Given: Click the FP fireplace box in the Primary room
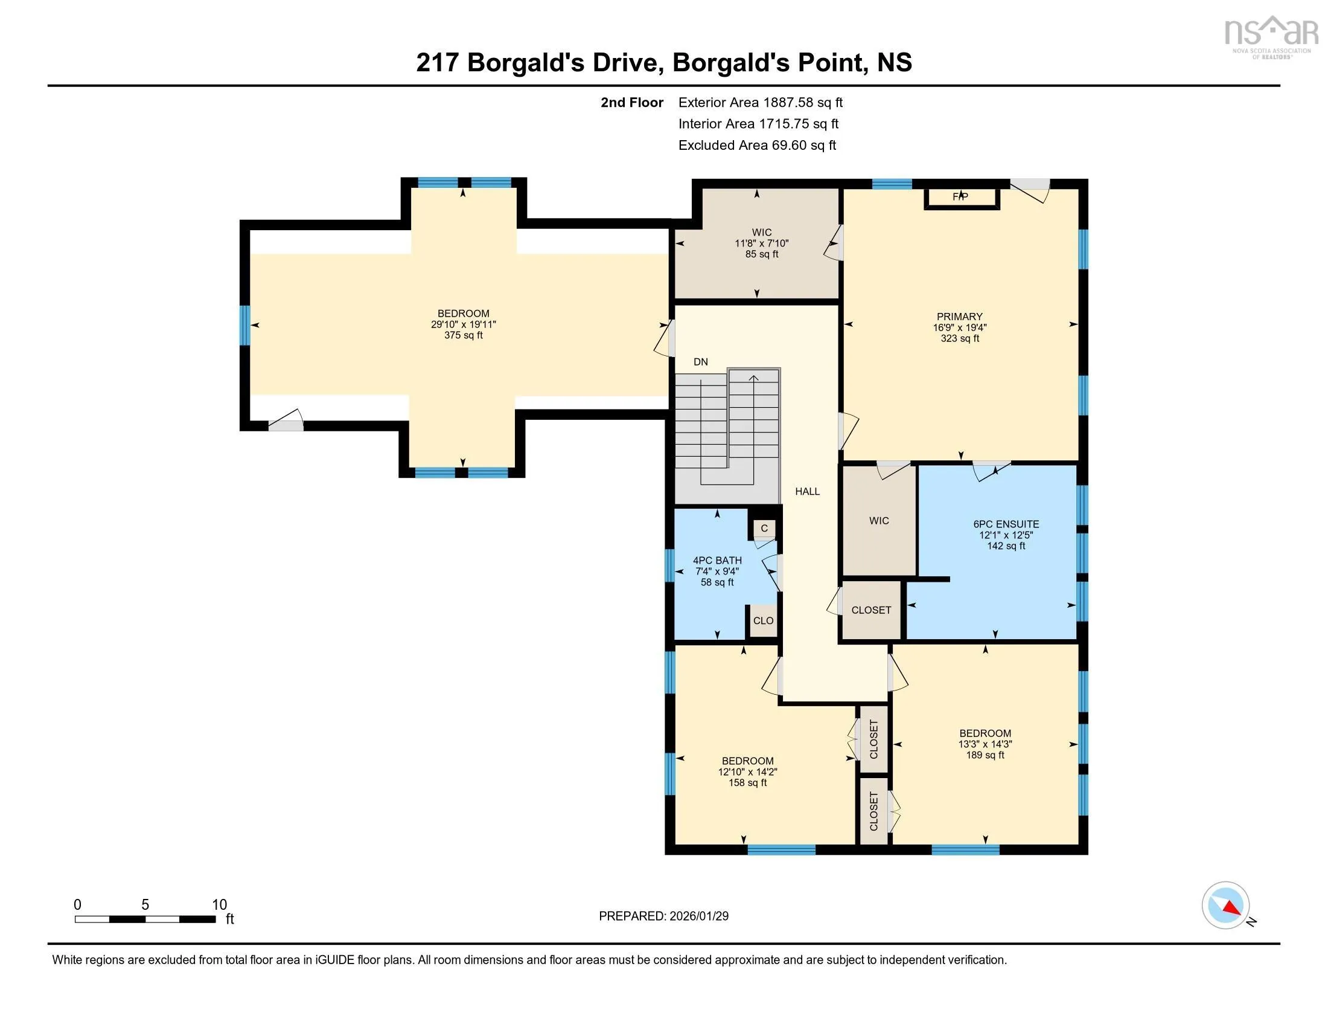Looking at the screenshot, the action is [962, 198].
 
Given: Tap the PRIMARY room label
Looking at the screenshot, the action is [960, 317].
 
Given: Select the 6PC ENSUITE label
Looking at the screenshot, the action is [1006, 524].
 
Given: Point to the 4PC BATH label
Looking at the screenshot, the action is [718, 561].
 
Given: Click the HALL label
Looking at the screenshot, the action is [808, 491].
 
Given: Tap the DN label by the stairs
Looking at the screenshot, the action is [700, 361].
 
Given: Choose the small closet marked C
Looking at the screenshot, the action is [765, 528].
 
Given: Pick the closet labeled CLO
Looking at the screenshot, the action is [763, 620].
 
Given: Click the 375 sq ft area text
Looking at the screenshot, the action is [464, 335].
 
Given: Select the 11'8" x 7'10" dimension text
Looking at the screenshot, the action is [761, 243].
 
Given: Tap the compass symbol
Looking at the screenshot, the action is [1226, 905].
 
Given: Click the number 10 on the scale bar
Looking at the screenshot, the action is [219, 904].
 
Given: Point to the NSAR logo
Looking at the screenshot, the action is [1270, 37].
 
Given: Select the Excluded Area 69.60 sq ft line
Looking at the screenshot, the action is [758, 145].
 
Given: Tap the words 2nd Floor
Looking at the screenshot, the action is [632, 102].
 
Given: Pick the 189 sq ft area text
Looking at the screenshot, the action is [985, 755].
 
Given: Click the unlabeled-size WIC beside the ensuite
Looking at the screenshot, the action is [879, 520].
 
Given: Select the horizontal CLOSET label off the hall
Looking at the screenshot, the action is [871, 610].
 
